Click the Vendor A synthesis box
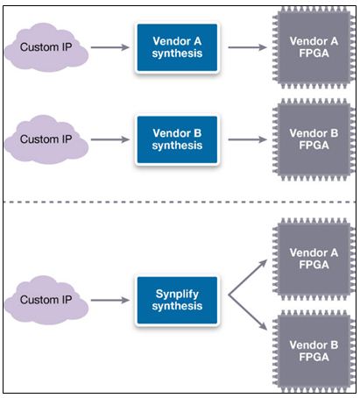point(177,47)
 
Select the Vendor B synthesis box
point(177,139)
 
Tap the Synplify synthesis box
point(177,300)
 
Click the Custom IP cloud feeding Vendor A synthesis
point(46,47)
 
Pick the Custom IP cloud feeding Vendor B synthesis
point(46,139)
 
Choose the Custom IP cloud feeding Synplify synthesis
point(46,300)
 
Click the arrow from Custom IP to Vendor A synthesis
point(110,47)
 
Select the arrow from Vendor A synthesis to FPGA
point(247,47)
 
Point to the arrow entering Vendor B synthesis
point(110,139)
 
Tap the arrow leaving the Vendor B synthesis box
point(247,139)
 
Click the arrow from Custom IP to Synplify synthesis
point(110,300)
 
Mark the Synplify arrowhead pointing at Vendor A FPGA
point(264,263)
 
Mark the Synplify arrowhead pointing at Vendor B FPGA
point(264,326)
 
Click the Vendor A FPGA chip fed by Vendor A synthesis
point(314,47)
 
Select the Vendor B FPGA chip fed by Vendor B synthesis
point(314,139)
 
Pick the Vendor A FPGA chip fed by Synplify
point(314,259)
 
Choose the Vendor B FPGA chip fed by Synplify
point(314,351)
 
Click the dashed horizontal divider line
point(180,202)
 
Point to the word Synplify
point(177,295)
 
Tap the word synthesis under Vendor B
point(177,146)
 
